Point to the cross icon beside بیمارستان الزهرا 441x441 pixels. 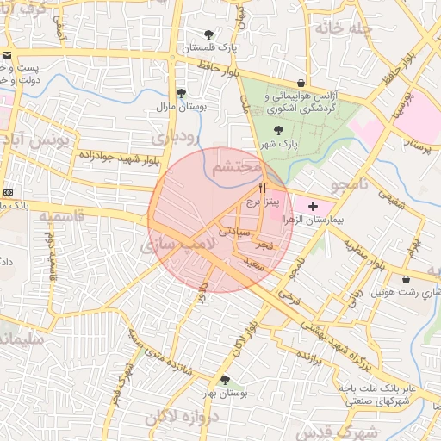click(312, 206)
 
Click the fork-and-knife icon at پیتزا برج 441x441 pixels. click(262, 187)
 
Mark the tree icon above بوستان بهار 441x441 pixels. click(226, 379)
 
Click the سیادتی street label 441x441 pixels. click(233, 232)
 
